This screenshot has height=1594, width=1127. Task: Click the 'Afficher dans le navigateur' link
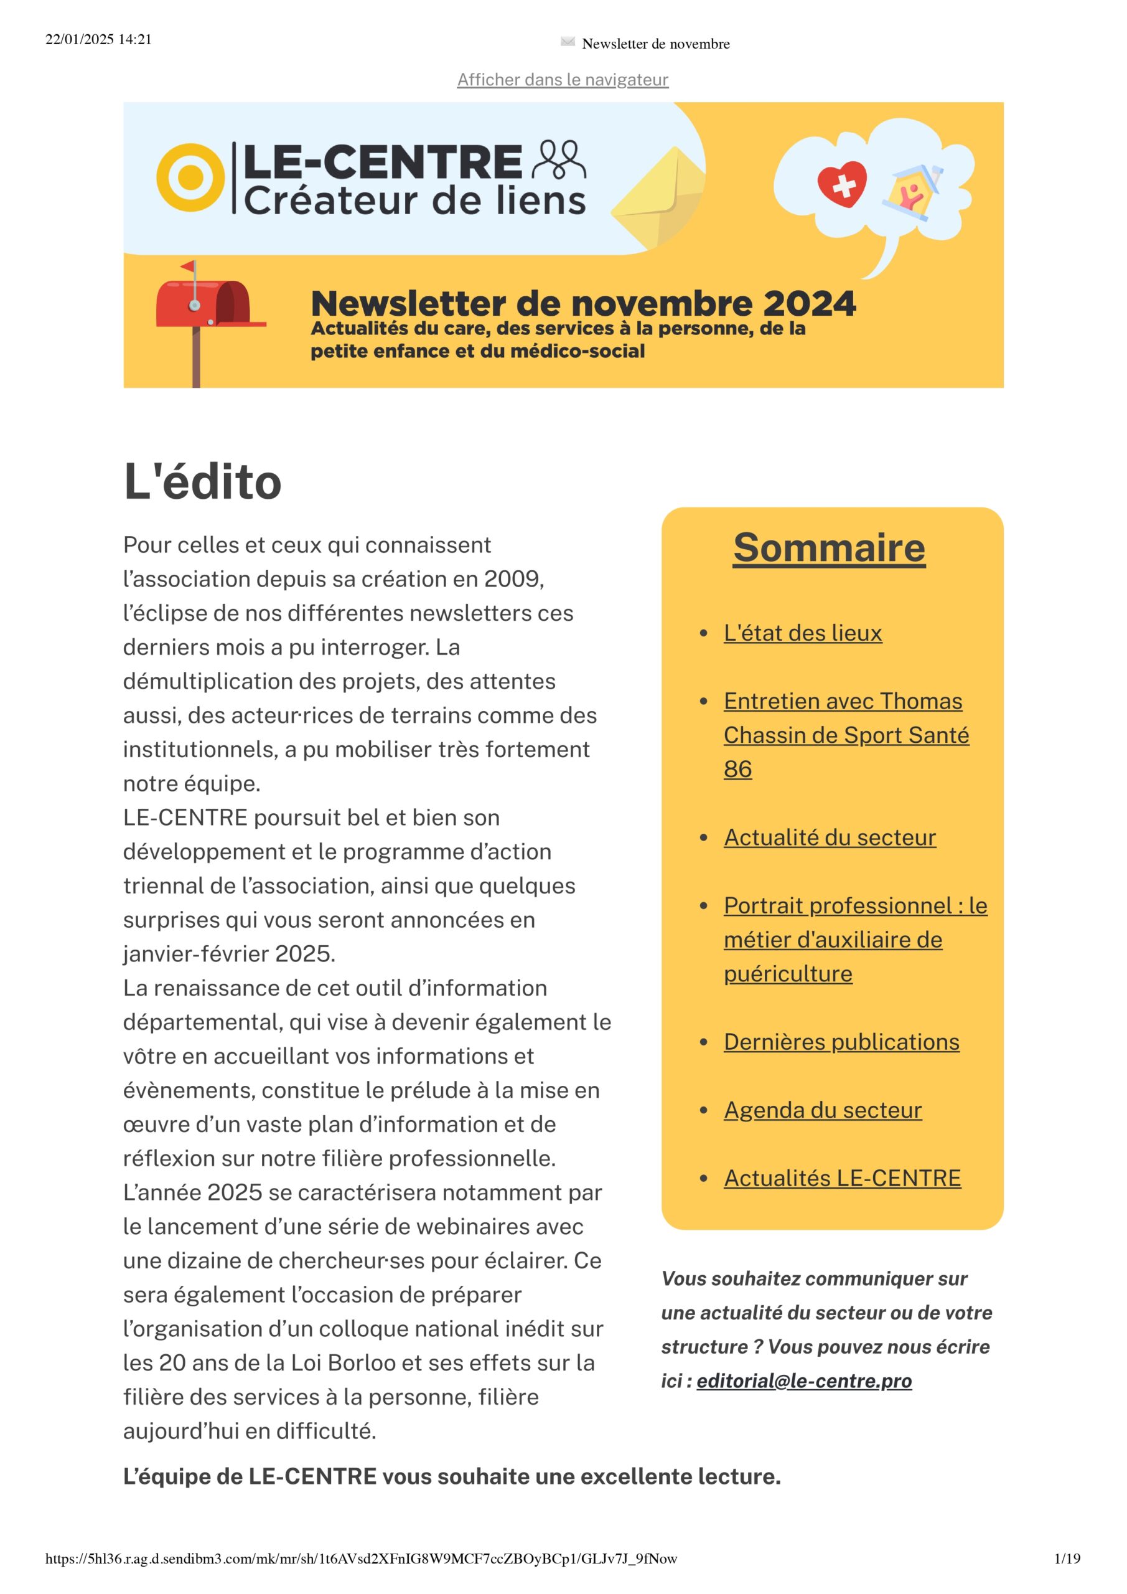(x=562, y=80)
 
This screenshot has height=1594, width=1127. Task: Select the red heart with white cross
(x=842, y=184)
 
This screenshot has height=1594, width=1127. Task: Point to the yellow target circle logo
(x=190, y=177)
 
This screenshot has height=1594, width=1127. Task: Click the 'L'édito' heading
(x=202, y=482)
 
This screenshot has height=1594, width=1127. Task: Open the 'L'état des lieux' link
(x=802, y=633)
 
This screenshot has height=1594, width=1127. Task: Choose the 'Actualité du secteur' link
(x=830, y=837)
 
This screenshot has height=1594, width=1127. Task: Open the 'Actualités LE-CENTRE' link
(x=842, y=1177)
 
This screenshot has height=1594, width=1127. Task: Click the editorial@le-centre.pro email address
(x=803, y=1381)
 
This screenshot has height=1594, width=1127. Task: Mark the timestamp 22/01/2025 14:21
(x=98, y=40)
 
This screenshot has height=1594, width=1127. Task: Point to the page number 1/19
(x=1067, y=1559)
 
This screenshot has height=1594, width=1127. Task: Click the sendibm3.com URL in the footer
(x=361, y=1559)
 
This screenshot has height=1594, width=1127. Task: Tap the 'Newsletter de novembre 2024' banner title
(x=583, y=304)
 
